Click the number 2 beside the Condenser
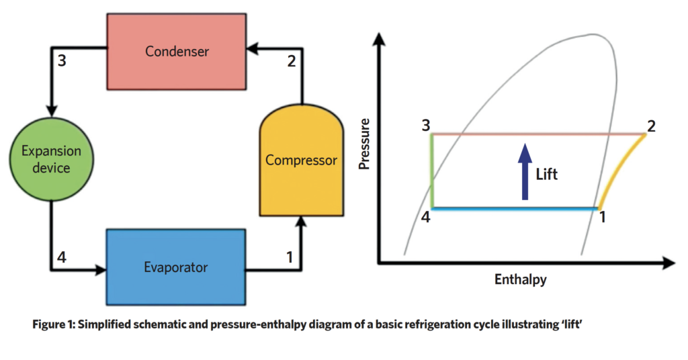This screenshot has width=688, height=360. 290,62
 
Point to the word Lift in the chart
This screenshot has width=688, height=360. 547,174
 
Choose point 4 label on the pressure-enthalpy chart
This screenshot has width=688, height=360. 425,218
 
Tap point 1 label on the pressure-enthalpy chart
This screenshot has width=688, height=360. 603,218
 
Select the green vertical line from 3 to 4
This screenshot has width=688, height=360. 432,171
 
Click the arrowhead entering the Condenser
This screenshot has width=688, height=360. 250,46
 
